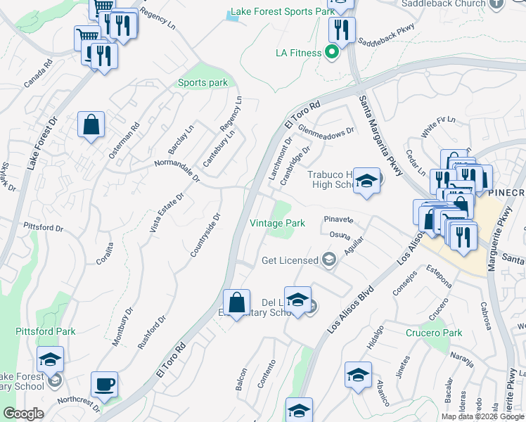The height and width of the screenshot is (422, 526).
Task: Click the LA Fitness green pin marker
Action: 328,53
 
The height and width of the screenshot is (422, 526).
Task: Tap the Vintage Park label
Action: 278,223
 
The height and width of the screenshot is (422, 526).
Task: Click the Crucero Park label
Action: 434,333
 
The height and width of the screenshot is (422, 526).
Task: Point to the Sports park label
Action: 203,83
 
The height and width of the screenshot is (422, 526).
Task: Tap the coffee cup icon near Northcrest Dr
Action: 105,385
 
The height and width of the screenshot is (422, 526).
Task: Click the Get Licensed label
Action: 290,260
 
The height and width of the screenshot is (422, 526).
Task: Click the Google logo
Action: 23,414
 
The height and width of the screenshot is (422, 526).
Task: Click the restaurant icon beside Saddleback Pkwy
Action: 342,30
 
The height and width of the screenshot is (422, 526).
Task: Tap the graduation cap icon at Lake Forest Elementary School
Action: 50,360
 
